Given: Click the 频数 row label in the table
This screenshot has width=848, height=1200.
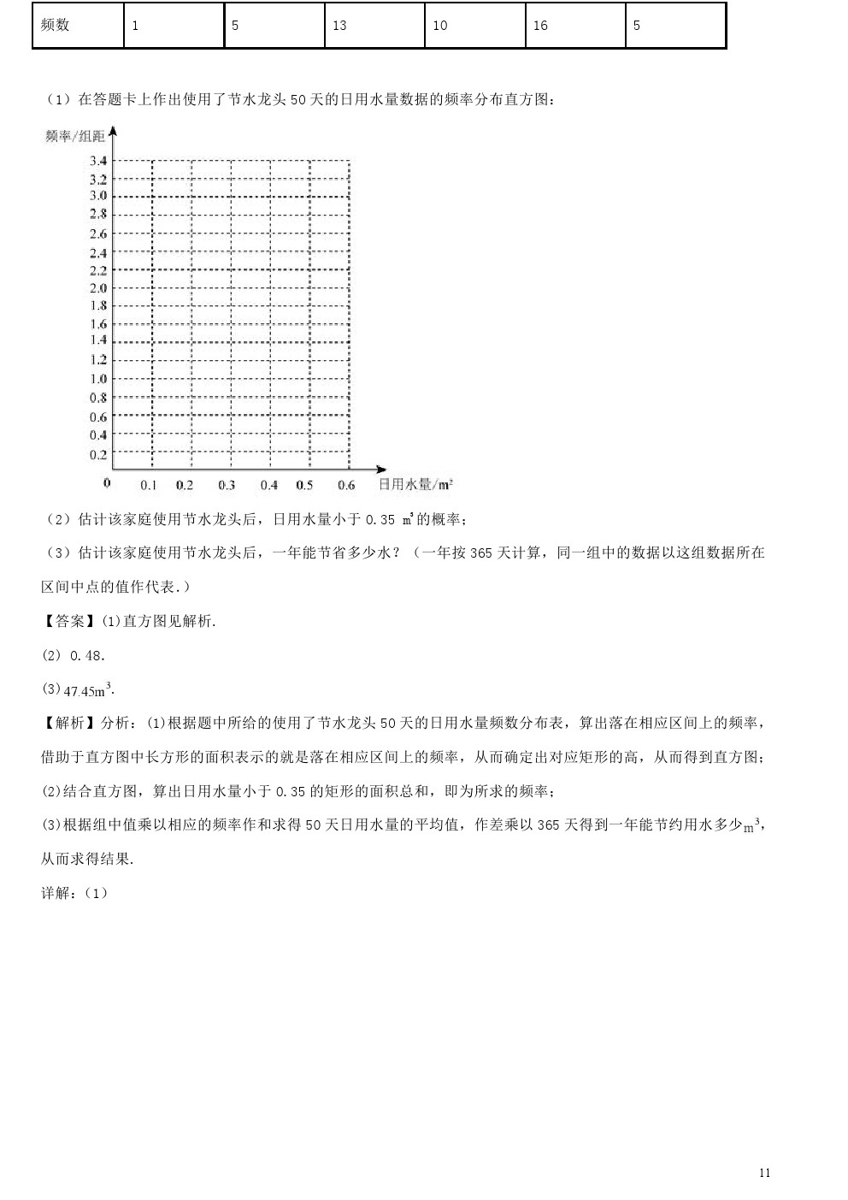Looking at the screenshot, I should pos(56,26).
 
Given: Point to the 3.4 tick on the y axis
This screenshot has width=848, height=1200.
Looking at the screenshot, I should pos(98,161).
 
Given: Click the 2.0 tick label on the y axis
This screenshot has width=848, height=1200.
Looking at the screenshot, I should pos(98,288).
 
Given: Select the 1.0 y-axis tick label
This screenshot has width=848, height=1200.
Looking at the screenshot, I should pos(98,379).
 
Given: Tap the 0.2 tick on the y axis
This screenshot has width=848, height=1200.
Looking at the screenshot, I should pos(98,455).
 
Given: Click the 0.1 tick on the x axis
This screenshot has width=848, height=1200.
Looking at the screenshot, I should pos(149,485).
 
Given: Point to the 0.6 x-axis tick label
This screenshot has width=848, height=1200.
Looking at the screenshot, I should pos(346,485).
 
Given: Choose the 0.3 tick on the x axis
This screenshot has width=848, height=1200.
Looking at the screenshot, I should pos(227,485).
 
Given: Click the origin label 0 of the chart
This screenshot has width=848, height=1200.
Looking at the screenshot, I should pos(107,482).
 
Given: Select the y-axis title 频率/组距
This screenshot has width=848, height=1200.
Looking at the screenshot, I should pos(75,136).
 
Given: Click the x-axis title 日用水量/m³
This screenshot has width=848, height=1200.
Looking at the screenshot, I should pos(415,485).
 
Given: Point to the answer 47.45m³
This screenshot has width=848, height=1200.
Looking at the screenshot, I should pos(89,689).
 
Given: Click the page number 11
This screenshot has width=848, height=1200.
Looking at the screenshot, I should pos(764,1173).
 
